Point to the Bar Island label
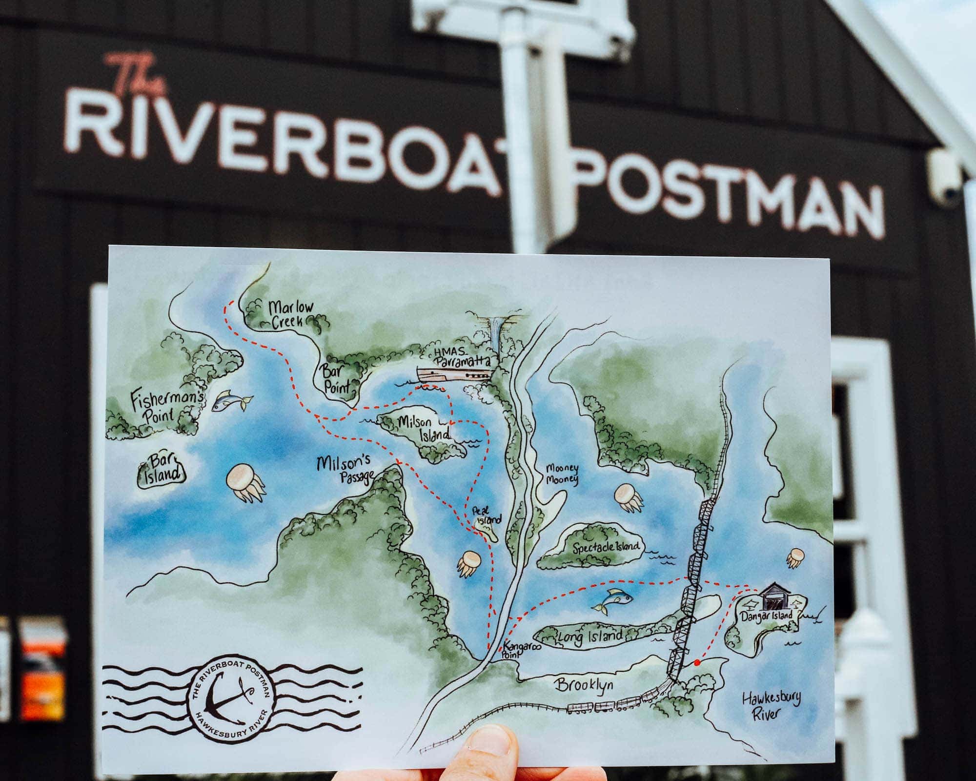[x=162, y=470]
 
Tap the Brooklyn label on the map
[x=583, y=686]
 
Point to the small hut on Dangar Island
[x=776, y=596]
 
